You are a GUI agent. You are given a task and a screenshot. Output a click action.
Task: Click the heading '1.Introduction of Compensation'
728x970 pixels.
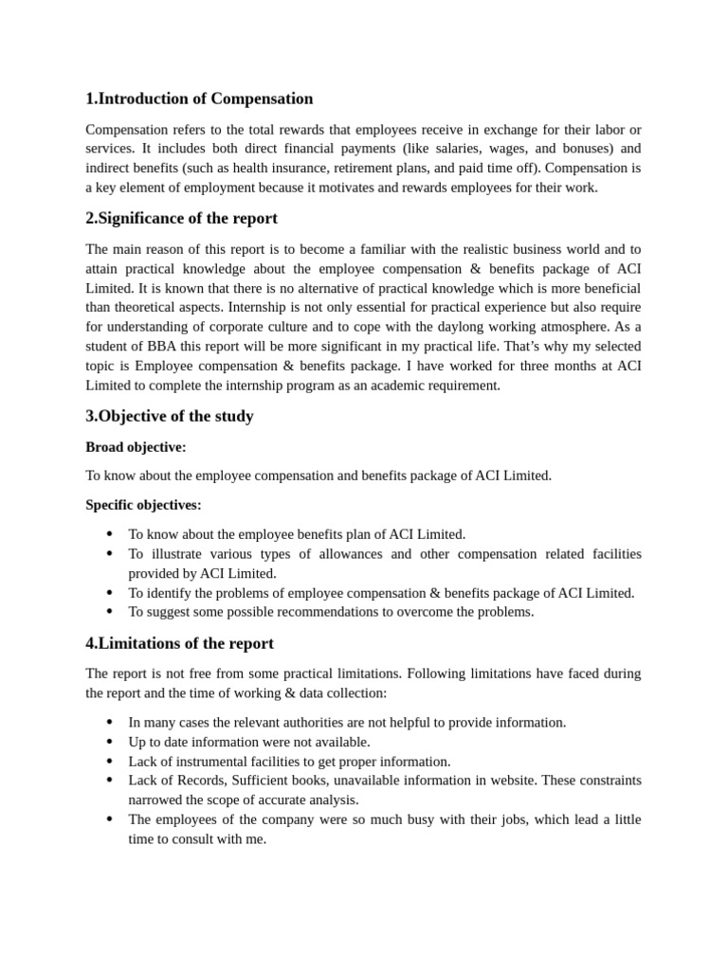(x=199, y=99)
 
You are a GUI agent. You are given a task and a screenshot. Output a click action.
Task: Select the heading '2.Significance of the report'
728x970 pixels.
(x=181, y=218)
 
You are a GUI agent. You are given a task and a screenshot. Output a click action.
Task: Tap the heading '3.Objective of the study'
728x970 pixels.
(x=170, y=416)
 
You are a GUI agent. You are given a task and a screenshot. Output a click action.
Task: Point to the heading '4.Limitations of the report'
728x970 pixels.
(x=179, y=643)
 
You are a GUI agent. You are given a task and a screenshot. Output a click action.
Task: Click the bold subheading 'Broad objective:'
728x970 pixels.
(x=136, y=446)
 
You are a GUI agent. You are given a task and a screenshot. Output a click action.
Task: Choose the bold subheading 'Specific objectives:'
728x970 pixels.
(x=143, y=505)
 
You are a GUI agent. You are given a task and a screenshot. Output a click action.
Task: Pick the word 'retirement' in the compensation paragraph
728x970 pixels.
(x=372, y=168)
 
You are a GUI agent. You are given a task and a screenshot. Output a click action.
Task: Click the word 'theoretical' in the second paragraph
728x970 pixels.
(x=155, y=307)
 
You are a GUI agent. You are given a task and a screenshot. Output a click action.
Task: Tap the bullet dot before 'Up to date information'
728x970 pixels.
(x=109, y=742)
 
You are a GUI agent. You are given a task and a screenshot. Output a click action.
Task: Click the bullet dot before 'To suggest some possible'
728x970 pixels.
(x=109, y=612)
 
